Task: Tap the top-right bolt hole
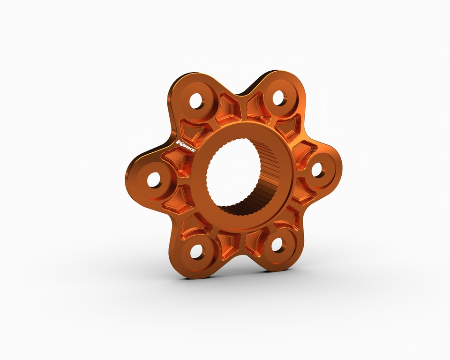click(x=278, y=98)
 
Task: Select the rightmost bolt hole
click(x=317, y=170)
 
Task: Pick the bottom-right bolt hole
click(x=277, y=244)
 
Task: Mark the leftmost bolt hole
click(x=154, y=180)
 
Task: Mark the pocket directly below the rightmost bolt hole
click(x=302, y=192)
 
